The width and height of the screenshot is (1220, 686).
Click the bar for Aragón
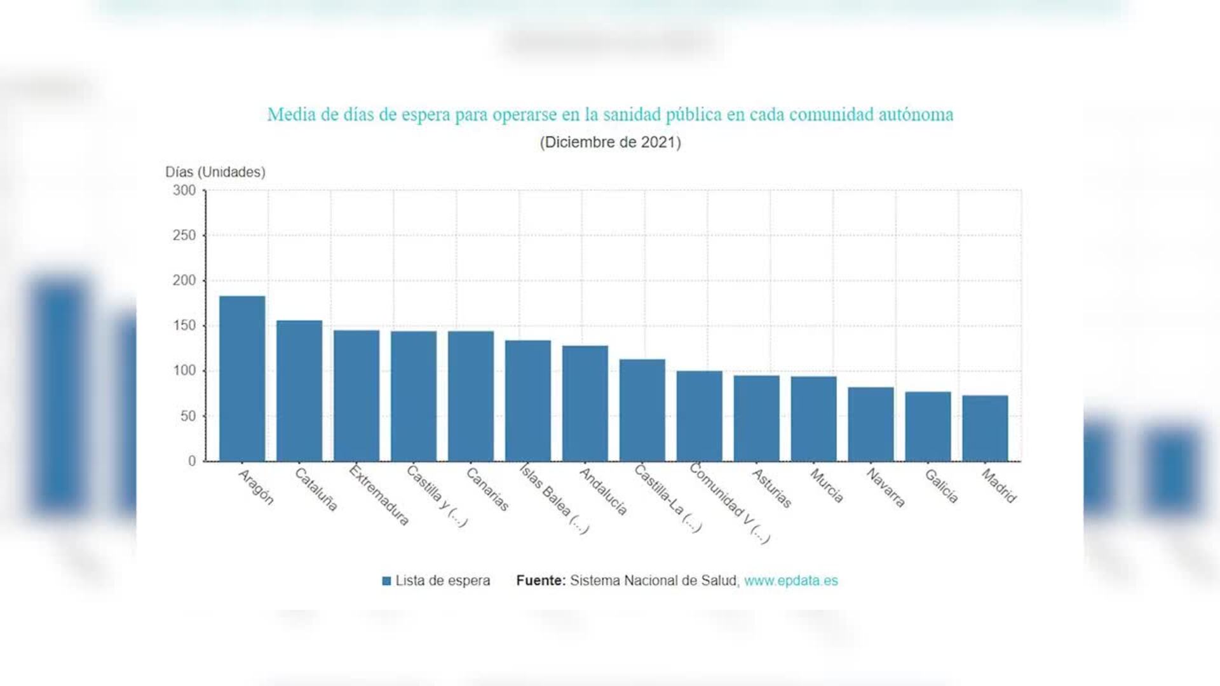pos(242,379)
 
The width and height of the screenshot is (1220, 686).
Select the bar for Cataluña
pos(299,391)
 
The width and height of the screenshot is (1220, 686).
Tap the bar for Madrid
pos(985,428)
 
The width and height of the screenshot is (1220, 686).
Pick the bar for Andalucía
pos(585,403)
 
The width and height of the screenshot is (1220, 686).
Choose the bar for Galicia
pos(928,426)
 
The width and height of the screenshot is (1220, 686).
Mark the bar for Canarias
pos(471,396)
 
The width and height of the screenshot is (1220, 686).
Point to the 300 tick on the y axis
pos(184,191)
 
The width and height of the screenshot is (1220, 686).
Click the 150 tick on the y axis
pos(184,326)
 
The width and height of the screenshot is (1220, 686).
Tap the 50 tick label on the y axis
pos(188,416)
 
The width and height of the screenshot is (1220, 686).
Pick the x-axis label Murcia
pos(827,486)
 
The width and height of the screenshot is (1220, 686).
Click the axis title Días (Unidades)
pos(215,172)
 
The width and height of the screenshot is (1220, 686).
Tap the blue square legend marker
pos(386,581)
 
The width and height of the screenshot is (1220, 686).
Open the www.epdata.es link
pos(790,581)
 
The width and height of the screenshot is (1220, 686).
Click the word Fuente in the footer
pos(540,581)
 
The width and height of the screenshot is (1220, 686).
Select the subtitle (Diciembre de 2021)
pos(610,142)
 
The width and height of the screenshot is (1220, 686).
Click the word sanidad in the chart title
pos(632,115)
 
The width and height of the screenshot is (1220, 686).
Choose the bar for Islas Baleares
pos(528,401)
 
